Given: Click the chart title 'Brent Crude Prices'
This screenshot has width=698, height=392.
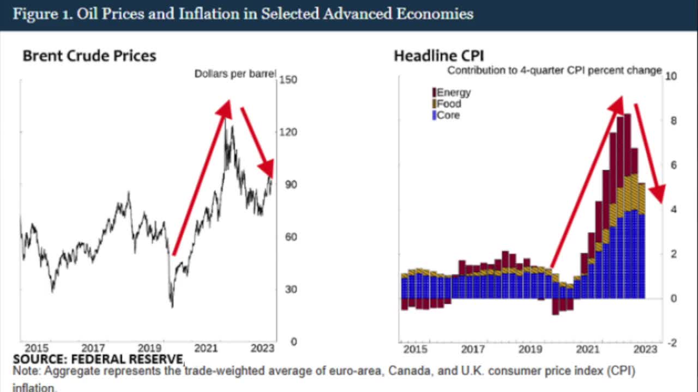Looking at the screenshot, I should point(89,56).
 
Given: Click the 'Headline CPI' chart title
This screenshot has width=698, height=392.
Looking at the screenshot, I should point(439,56).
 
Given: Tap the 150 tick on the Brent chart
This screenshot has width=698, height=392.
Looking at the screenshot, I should point(288,80).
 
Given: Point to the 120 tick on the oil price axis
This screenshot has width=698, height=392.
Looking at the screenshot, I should point(288,132).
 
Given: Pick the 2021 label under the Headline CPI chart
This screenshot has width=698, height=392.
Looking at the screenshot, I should point(587,349).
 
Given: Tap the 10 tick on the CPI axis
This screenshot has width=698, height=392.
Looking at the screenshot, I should point(671,76).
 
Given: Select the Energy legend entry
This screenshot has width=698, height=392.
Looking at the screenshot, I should point(453,93).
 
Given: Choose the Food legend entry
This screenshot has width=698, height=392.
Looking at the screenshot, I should point(448,104).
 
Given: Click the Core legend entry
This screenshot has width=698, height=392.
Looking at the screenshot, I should point(447,115).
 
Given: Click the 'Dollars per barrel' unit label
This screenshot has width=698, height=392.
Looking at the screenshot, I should point(236,73).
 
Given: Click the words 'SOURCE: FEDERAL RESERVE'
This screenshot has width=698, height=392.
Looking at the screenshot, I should point(99,359).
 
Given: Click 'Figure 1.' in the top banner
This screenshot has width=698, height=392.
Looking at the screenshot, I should point(43,14).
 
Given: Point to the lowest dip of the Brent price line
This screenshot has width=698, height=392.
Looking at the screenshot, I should point(172,307).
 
